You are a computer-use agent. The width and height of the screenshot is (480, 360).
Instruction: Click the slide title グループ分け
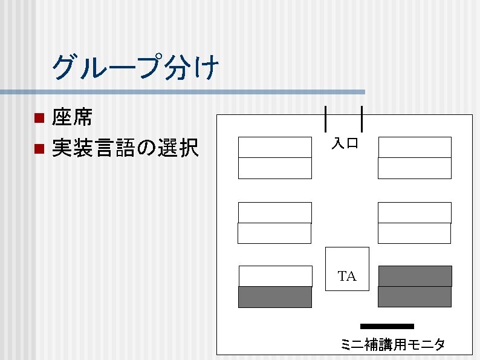point(135,67)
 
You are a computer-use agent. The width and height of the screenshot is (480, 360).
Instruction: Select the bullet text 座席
point(72,117)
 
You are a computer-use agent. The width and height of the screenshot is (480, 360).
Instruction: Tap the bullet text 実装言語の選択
point(125,148)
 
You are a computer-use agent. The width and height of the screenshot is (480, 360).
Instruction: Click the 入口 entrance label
point(345,143)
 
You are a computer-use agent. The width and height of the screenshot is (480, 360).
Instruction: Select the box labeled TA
point(347,269)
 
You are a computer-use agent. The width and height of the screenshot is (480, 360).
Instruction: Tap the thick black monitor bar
point(387,326)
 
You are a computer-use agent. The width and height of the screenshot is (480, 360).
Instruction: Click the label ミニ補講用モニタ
point(392,345)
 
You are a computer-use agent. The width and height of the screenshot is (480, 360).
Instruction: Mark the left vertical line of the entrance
point(326,118)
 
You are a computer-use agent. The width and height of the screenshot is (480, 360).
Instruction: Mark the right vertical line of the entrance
point(362,118)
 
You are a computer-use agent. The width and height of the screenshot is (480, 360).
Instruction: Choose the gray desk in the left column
point(275,297)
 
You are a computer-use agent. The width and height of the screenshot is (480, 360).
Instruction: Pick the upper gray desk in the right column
point(415,276)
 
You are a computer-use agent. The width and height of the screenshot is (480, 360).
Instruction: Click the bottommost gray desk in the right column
point(415,297)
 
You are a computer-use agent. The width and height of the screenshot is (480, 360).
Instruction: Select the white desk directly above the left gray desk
point(276,276)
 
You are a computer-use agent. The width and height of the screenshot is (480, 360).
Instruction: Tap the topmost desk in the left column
point(275,147)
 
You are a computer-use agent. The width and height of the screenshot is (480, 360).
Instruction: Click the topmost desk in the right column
point(415,147)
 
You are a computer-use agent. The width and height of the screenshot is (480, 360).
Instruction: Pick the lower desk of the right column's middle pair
point(414,233)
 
